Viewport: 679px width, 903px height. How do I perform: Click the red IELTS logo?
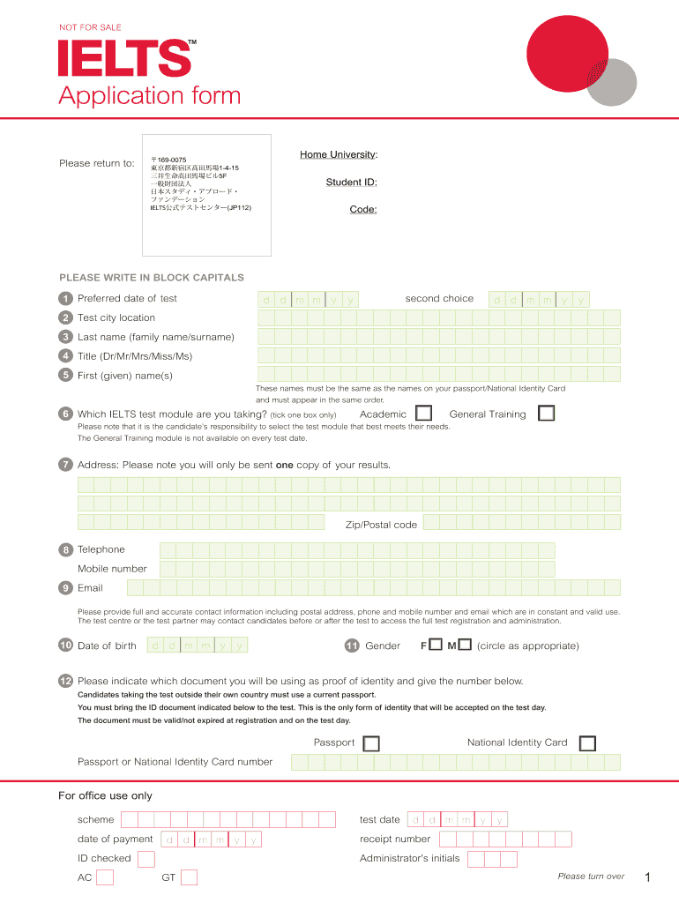[x=124, y=59]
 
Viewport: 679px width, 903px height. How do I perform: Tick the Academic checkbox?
[x=424, y=414]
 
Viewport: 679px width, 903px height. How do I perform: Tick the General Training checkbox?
[x=547, y=414]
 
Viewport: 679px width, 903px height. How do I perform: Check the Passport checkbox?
[x=371, y=743]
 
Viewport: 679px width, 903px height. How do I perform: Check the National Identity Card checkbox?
[x=587, y=743]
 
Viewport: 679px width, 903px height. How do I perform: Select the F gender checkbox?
[x=436, y=646]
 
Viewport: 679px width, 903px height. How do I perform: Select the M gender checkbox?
[x=465, y=646]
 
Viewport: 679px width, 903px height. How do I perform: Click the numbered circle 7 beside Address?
[x=65, y=465]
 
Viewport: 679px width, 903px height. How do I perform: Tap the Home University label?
[x=339, y=155]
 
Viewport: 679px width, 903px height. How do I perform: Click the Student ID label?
[x=351, y=183]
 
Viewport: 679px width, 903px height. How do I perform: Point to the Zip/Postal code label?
[x=381, y=525]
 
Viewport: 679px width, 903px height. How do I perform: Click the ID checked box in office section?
[x=146, y=859]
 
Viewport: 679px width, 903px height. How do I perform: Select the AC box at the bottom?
[x=105, y=877]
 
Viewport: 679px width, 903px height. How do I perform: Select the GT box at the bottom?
[x=189, y=877]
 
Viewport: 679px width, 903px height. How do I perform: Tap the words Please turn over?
[x=591, y=877]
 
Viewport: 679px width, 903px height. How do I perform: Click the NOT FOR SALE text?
[x=90, y=27]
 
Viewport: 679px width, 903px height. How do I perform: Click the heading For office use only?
[x=105, y=795]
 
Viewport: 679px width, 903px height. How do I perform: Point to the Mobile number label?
[x=112, y=569]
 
